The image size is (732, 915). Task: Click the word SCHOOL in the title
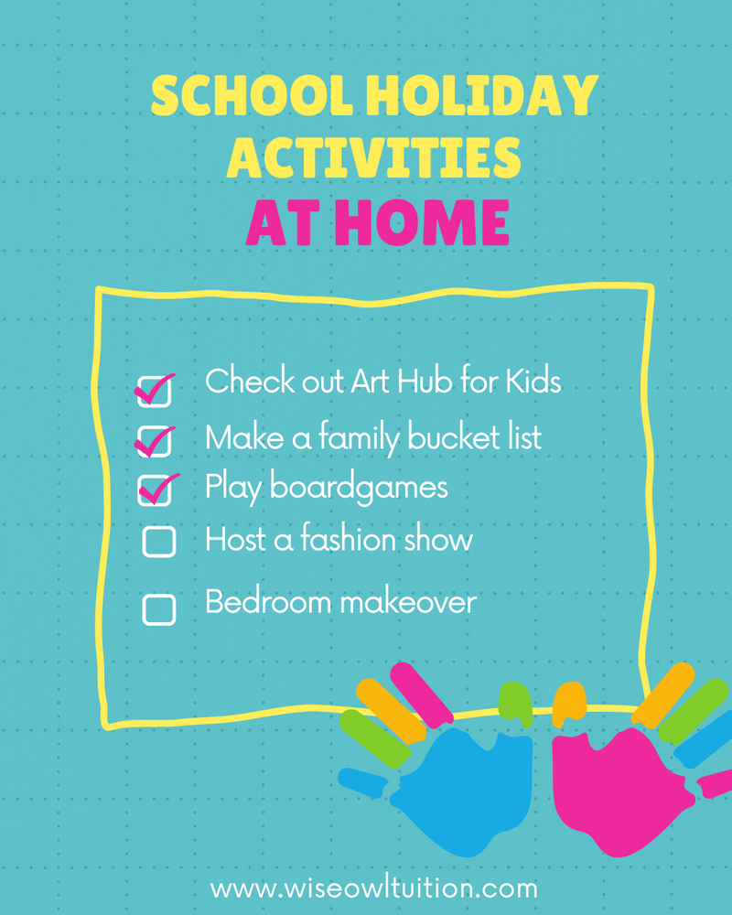click(x=252, y=96)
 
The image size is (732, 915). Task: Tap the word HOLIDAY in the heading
click(x=482, y=96)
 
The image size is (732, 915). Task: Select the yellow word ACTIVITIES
click(x=373, y=158)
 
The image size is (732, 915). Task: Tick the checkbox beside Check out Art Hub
click(x=154, y=391)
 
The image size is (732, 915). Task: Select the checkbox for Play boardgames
click(x=155, y=490)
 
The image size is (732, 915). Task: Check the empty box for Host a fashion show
click(x=159, y=542)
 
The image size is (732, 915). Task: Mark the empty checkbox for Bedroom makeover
click(x=159, y=609)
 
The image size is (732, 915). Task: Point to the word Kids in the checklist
click(x=533, y=381)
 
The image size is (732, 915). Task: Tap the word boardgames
click(x=359, y=488)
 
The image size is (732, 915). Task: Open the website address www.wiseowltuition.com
click(x=373, y=888)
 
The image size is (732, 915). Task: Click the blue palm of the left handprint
click(x=467, y=788)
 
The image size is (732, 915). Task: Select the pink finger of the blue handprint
click(x=422, y=695)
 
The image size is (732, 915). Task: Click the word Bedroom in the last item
click(x=268, y=602)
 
